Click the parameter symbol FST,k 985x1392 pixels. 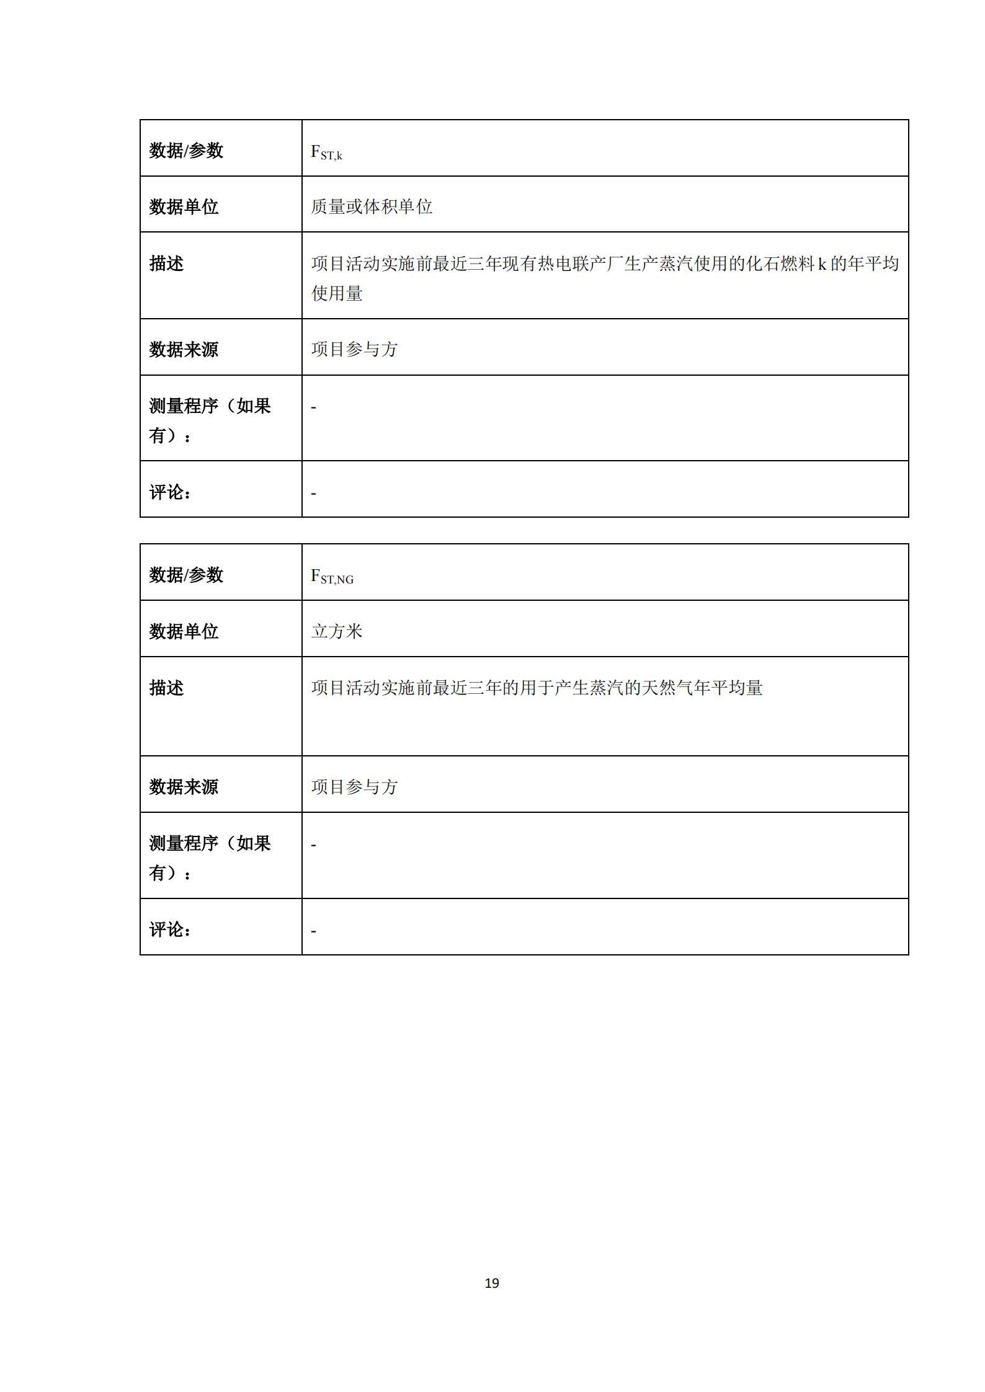tap(326, 152)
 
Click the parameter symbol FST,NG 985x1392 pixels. tap(332, 577)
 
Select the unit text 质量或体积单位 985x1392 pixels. tap(372, 206)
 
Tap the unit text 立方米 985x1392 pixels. tap(337, 631)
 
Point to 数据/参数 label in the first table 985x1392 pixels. tap(186, 151)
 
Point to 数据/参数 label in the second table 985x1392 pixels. tap(186, 575)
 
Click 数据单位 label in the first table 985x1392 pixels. tap(184, 206)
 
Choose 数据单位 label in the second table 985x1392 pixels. tap(184, 631)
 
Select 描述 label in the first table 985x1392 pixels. tap(166, 264)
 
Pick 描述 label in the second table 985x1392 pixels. tap(166, 688)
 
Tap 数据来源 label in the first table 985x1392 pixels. tap(184, 349)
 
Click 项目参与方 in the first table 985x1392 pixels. tap(354, 349)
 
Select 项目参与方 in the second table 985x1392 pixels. tap(354, 787)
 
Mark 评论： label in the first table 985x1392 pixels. tap(170, 492)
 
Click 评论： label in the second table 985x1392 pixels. tap(170, 929)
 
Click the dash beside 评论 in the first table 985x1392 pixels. tap(314, 494)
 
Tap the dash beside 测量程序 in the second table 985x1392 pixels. tap(314, 845)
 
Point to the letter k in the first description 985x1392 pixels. tap(822, 264)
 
